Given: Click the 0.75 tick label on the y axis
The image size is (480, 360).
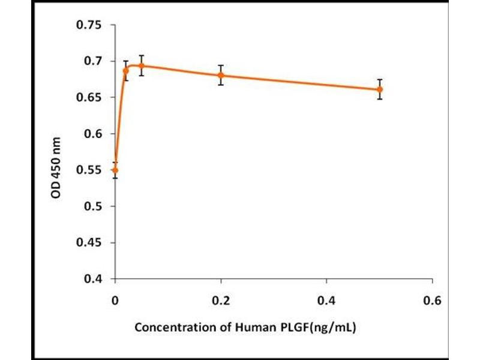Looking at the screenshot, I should coord(88,25).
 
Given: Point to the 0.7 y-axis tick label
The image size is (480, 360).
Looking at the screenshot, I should coord(91,61).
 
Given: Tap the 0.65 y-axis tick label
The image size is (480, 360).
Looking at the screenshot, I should coord(88,98).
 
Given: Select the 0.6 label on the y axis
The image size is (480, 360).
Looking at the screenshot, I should coord(91,134).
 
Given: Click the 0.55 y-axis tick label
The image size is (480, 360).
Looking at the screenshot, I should coord(88,170).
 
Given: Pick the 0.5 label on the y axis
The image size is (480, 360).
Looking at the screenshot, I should coord(91,206).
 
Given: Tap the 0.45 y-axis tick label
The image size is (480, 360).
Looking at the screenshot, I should coord(88,243).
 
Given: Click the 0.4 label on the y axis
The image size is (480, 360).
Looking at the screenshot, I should coord(91,279).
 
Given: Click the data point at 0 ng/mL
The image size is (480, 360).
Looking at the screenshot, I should coord(115,170).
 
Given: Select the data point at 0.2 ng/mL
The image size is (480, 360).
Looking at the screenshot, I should coord(221,76).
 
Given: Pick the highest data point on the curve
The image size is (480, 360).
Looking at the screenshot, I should coord(142,65).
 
